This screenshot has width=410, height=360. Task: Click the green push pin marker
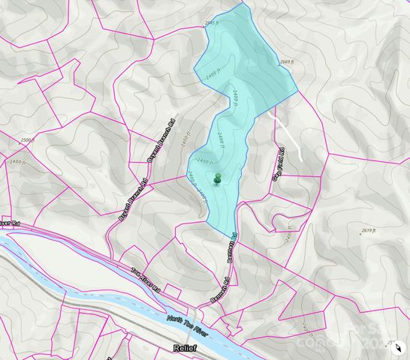tap(218, 178)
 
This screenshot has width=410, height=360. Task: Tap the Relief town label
tap(185, 349)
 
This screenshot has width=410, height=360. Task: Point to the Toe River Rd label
tap(146, 280)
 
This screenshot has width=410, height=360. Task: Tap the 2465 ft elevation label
tap(212, 24)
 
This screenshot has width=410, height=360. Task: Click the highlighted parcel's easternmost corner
tap(299, 91)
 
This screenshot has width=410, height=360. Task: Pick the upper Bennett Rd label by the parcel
tap(234, 244)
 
